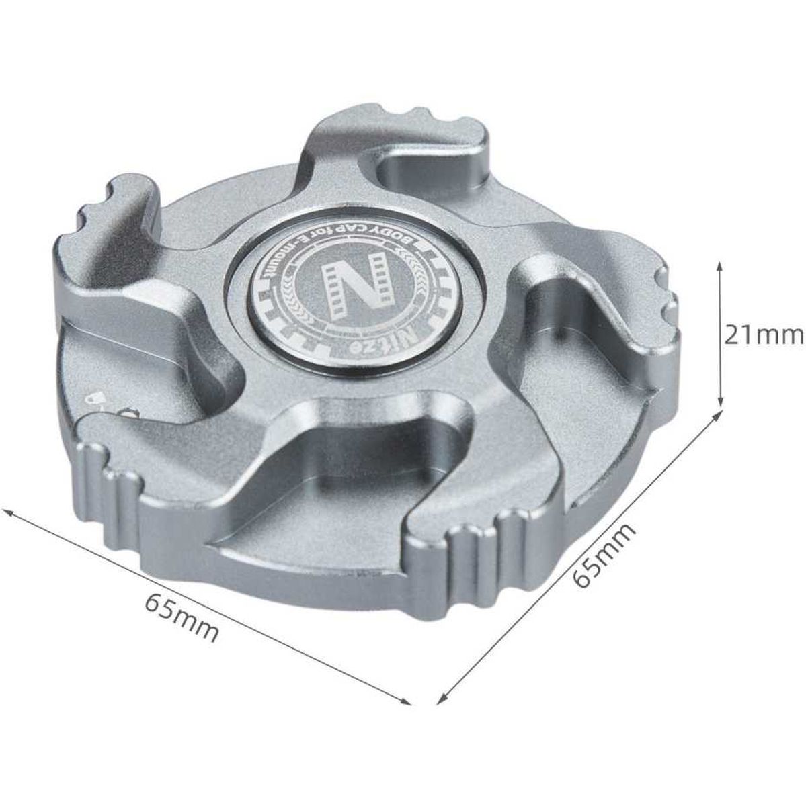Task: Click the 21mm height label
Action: coord(764,336)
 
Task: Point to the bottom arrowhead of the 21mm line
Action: coord(719,400)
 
